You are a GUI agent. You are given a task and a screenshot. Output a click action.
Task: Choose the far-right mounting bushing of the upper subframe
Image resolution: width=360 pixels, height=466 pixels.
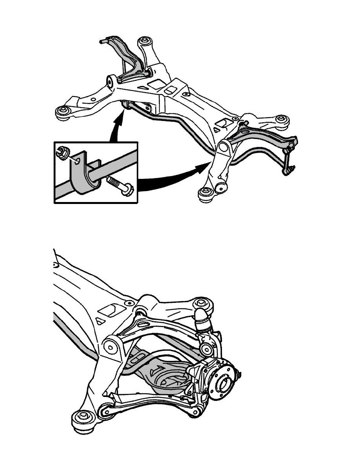tap(281, 120)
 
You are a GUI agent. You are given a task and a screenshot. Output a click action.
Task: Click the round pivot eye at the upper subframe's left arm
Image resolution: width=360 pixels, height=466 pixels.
tap(111, 82)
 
